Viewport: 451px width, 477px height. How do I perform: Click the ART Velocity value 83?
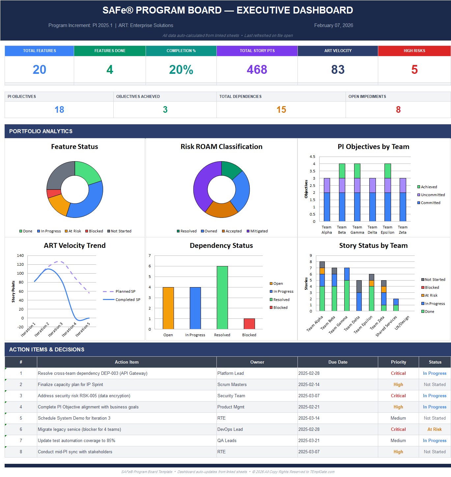338,70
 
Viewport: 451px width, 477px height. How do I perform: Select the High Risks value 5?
414,70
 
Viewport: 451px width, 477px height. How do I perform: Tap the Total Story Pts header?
257,51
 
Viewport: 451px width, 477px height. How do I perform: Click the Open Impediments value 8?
398,110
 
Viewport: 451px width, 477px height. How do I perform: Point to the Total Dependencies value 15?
281,110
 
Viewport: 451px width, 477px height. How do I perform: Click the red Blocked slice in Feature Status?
53,193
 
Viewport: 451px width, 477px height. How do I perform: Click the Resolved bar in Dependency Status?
222,297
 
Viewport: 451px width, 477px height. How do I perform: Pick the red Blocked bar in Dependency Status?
249,324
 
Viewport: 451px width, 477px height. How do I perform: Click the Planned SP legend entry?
125,291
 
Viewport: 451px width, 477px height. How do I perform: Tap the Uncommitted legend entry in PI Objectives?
433,195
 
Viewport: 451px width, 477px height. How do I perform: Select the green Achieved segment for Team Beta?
342,171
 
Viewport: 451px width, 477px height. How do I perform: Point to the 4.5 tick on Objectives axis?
312,157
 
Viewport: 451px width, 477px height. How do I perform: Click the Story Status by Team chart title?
373,246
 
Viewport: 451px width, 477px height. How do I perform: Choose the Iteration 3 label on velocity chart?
55,330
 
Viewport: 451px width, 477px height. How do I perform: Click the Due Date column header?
338,362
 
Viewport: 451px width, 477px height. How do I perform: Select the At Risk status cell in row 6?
435,429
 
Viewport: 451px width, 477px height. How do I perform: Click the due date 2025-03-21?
309,440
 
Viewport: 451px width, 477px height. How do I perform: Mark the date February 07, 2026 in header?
333,25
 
